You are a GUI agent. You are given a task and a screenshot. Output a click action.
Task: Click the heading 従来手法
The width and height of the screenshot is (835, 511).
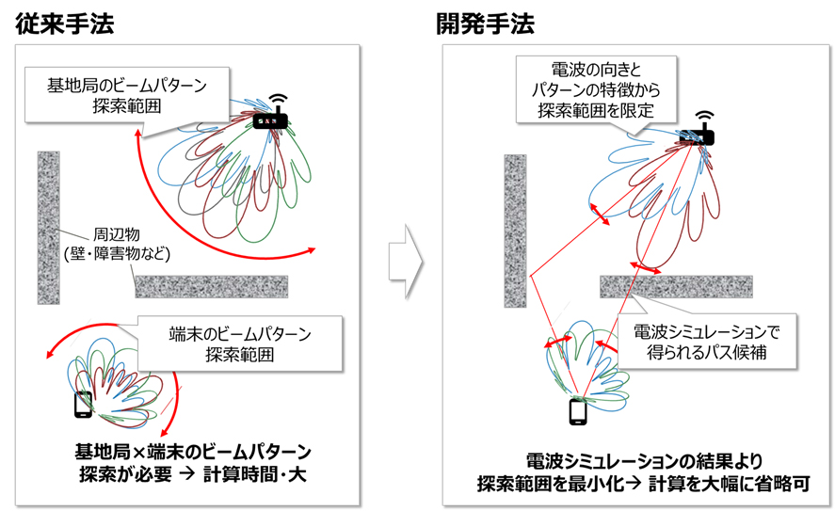(x=64, y=24)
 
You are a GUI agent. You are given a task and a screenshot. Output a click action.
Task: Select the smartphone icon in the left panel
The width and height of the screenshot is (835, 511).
(x=83, y=404)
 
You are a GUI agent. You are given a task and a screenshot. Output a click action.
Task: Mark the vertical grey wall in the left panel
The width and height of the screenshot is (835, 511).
(x=47, y=227)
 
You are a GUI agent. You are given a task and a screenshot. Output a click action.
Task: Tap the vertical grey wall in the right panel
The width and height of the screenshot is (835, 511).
(x=514, y=231)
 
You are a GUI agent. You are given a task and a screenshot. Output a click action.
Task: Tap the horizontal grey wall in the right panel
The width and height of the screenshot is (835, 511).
(x=676, y=286)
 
